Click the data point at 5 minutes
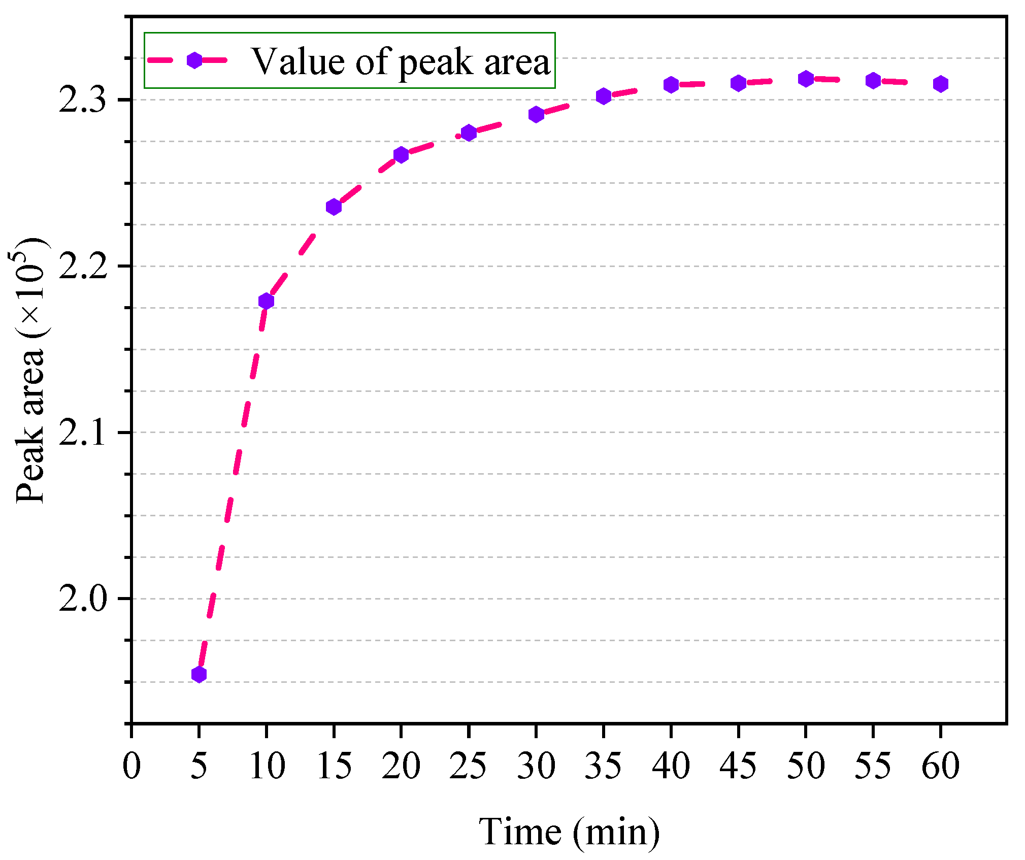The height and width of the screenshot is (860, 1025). [199, 674]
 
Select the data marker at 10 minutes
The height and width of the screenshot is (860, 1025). [266, 301]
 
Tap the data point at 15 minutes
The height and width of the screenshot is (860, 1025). [334, 207]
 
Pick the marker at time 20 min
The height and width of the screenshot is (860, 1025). [401, 155]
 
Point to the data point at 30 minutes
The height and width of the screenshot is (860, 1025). [536, 114]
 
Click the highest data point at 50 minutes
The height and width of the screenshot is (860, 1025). [806, 79]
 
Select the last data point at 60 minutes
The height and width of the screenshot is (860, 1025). [941, 84]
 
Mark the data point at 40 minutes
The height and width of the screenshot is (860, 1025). [671, 85]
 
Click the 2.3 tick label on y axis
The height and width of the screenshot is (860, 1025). [83, 100]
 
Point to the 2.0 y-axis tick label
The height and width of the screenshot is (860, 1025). [83, 599]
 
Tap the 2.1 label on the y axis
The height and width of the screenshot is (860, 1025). [83, 433]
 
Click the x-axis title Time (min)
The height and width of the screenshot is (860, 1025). [569, 832]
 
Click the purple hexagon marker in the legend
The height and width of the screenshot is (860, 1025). [194, 60]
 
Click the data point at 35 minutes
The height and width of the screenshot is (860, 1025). [603, 96]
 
